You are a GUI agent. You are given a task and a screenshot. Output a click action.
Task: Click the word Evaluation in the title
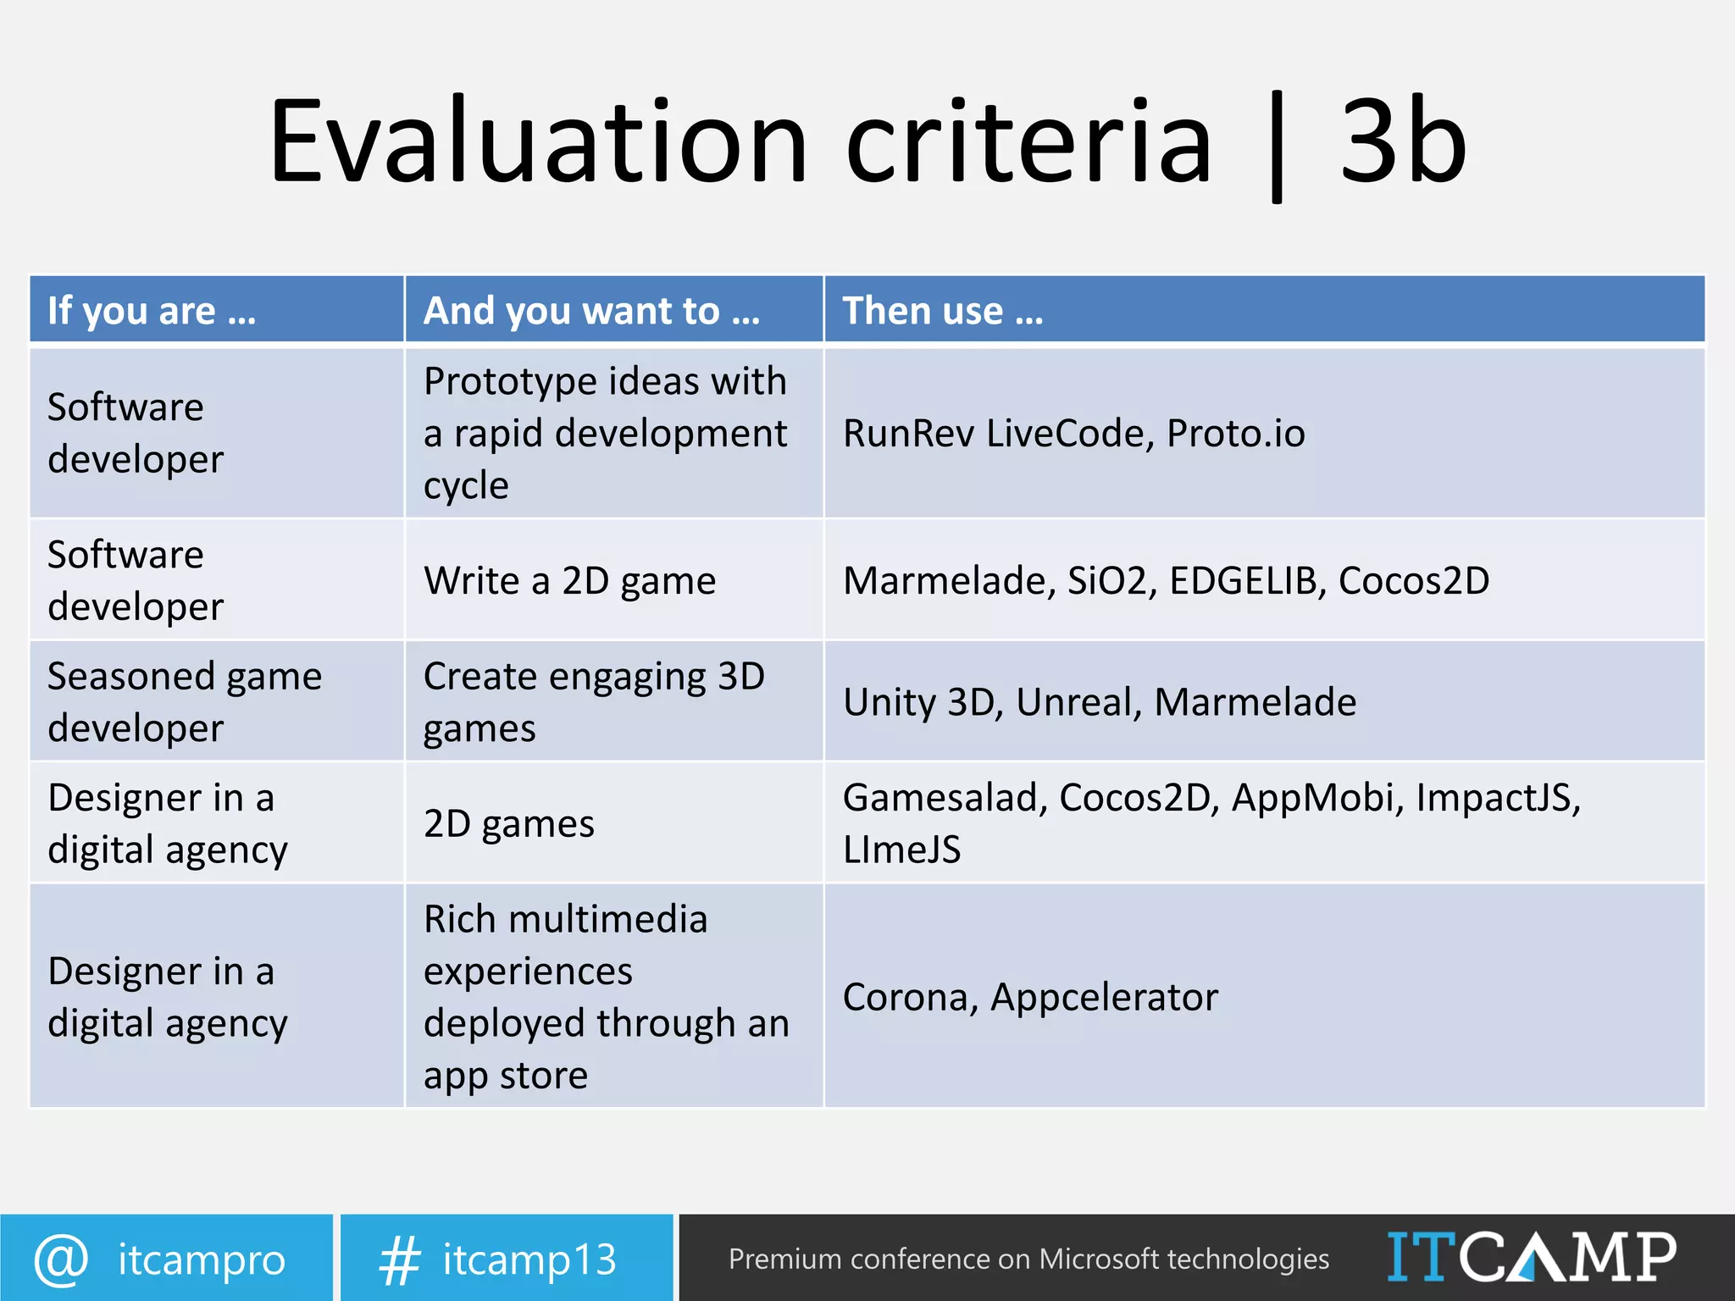(539, 141)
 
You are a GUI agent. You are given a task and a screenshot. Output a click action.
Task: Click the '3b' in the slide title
(1403, 141)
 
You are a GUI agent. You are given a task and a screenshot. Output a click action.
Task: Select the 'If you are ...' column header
(152, 311)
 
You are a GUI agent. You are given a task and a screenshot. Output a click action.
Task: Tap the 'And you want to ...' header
(592, 311)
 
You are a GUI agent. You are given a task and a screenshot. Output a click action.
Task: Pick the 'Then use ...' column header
(943, 311)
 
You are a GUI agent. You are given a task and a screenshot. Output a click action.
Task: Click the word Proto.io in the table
(1235, 434)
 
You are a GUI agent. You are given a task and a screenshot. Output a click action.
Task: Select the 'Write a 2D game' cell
(569, 581)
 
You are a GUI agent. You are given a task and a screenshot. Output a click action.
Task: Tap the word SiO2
(1111, 581)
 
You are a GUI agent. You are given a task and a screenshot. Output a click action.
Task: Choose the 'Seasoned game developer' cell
(185, 701)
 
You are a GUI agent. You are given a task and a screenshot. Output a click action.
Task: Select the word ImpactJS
(1497, 798)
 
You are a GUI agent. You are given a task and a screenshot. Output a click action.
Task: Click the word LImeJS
(901, 850)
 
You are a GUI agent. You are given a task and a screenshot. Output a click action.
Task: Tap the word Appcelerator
(1104, 997)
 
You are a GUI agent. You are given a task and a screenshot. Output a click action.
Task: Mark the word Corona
(909, 997)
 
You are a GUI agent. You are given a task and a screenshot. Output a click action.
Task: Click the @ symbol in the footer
(61, 1259)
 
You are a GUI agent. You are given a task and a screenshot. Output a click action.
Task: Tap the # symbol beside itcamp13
(399, 1259)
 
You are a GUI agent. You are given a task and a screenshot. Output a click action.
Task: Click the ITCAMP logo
(1531, 1257)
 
